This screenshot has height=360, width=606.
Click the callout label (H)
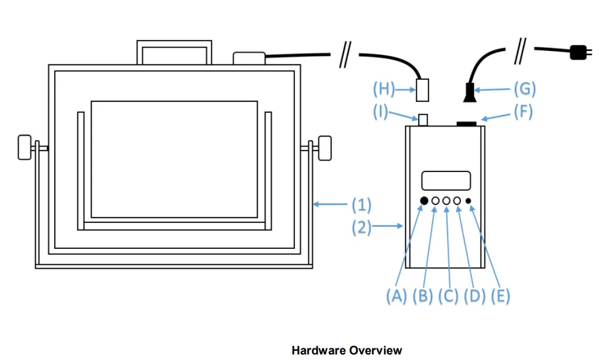point(385,89)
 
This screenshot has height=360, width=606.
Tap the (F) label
point(522,112)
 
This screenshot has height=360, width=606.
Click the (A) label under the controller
point(397,295)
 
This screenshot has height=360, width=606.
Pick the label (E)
point(499,295)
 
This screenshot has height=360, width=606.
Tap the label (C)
point(448,295)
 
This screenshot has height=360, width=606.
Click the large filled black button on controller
point(424,201)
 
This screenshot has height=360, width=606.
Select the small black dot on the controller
point(469,201)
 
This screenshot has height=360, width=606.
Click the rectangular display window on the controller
point(446,181)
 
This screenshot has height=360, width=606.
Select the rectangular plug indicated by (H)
point(422,90)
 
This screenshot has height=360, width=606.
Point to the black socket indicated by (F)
point(468,125)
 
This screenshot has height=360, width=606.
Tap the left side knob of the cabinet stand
point(25,148)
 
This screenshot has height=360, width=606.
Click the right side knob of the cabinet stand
point(324,148)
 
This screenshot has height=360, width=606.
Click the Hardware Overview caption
point(347,350)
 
